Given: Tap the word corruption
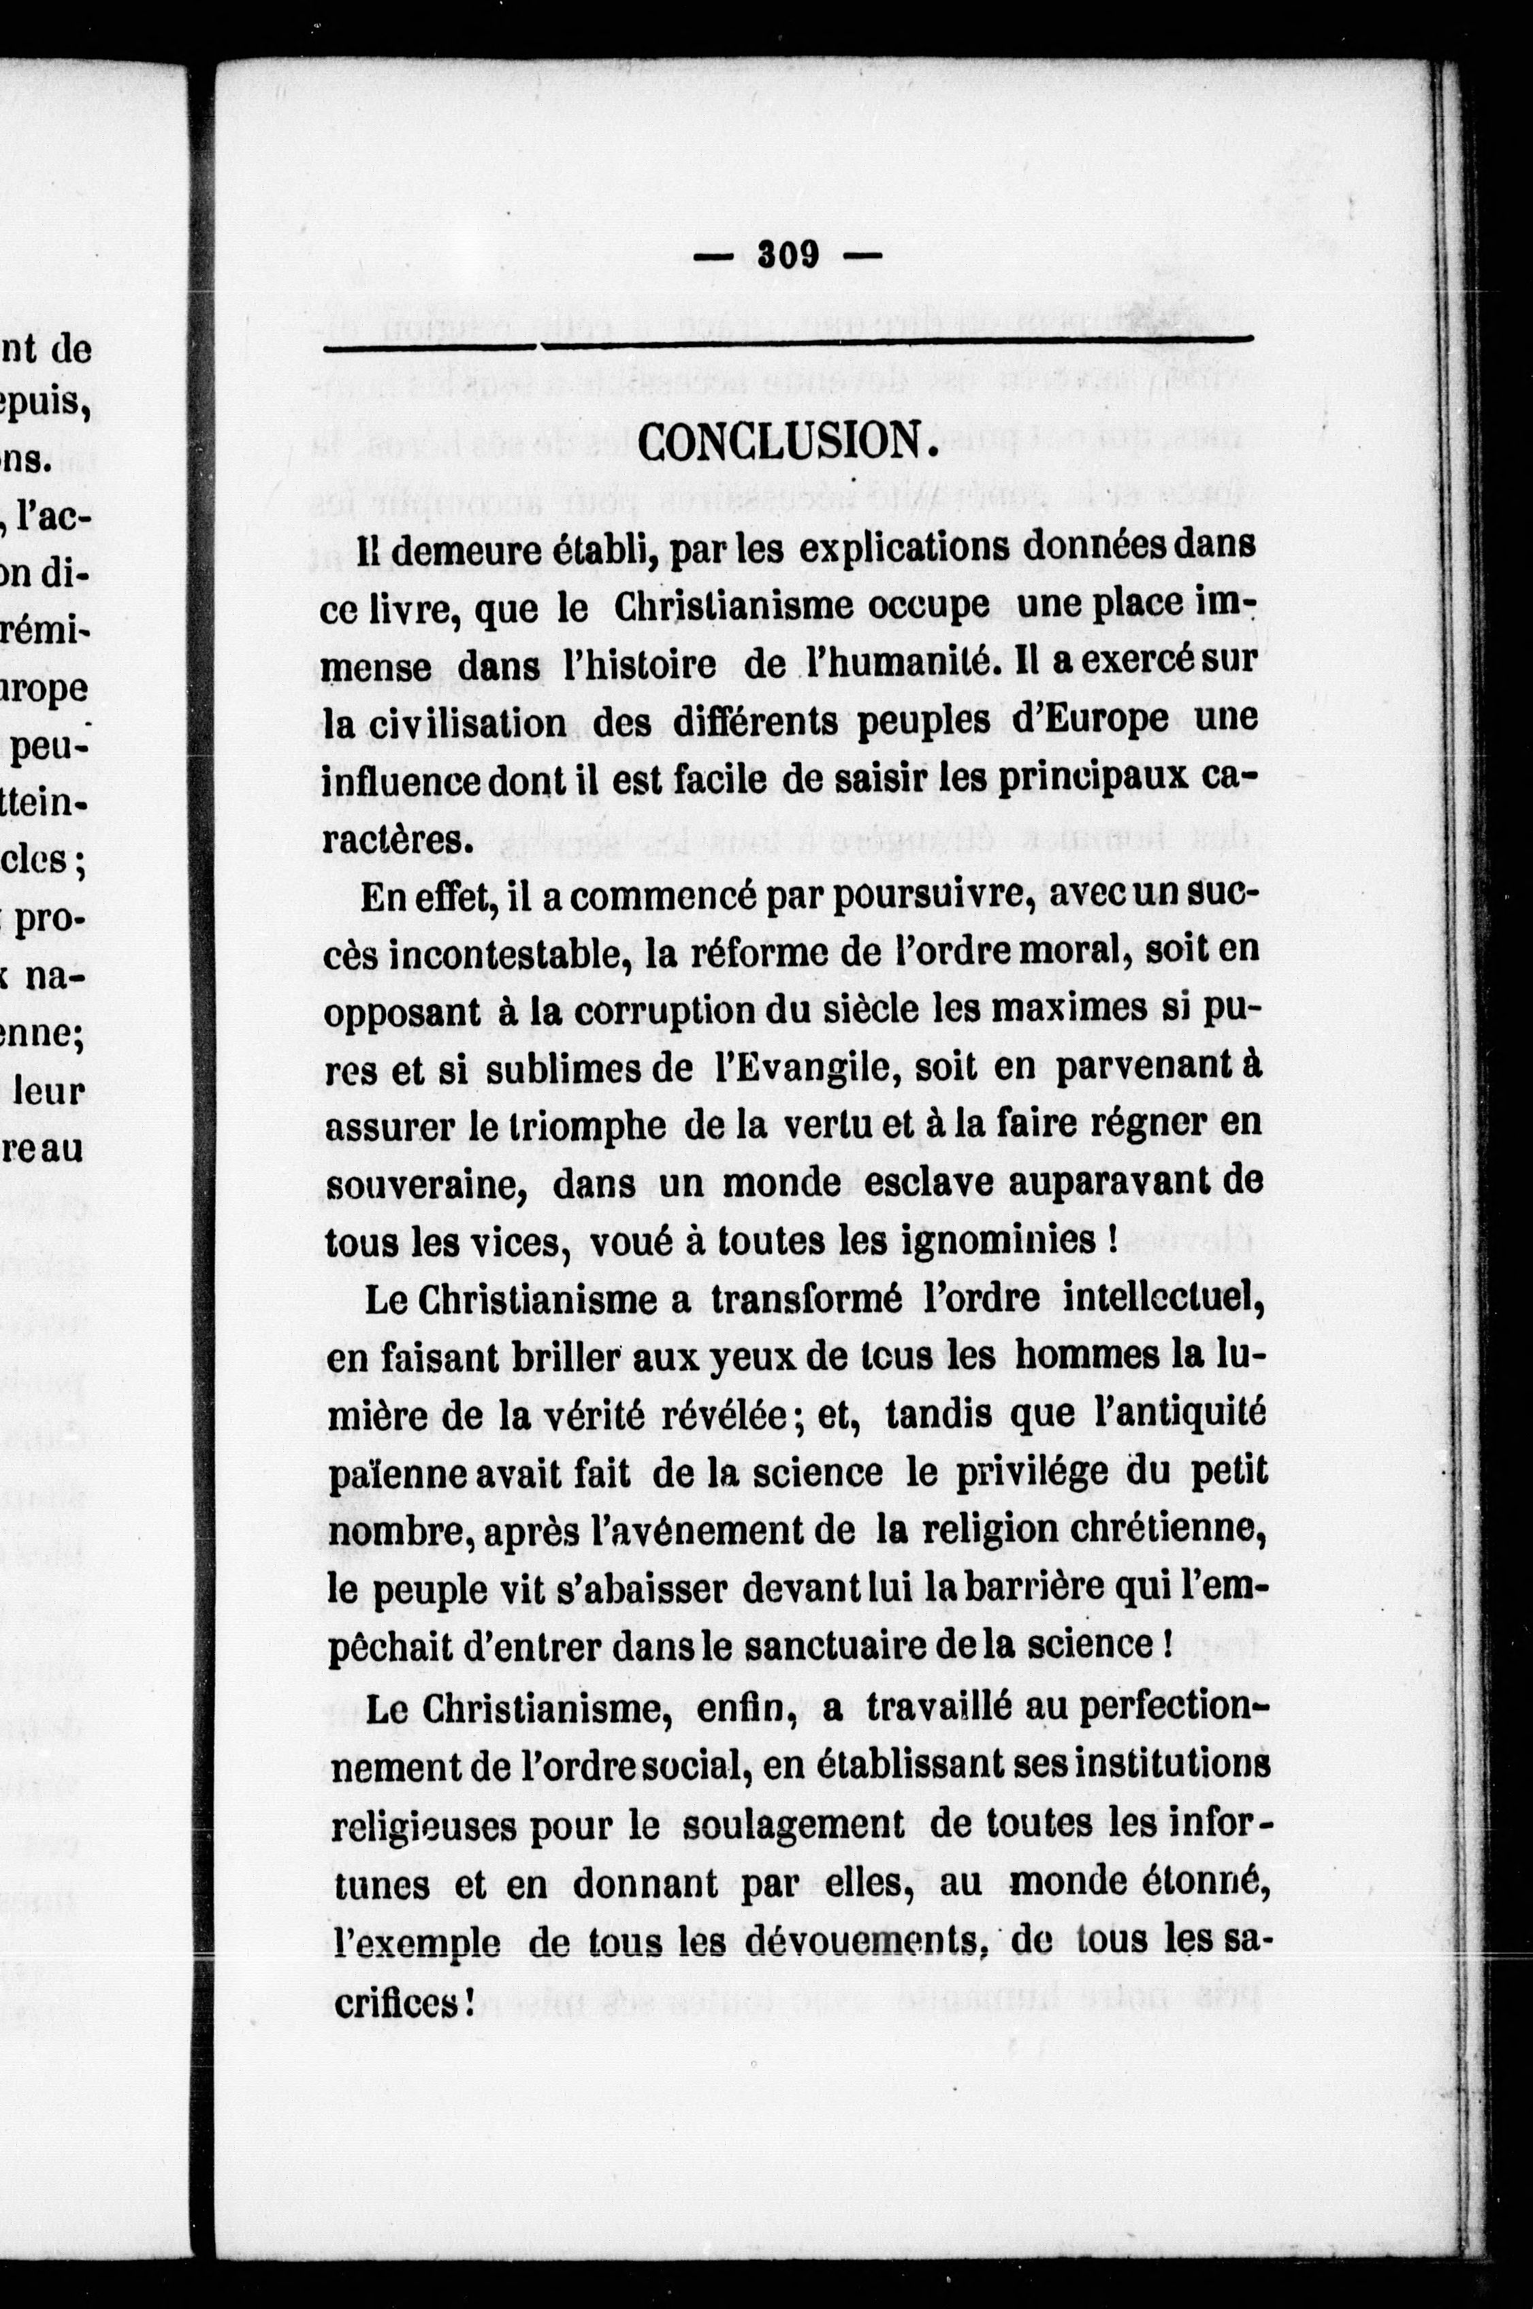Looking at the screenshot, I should (x=665, y=1013).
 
